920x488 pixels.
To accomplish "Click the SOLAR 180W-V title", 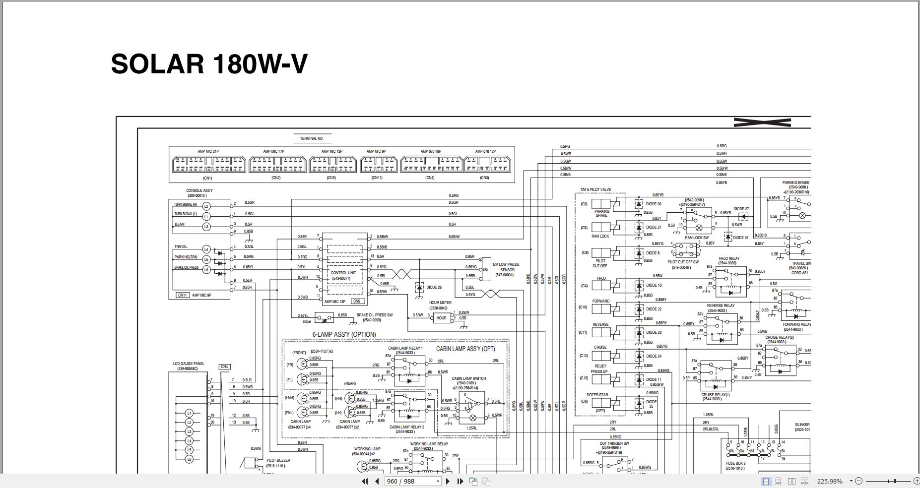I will (x=209, y=64).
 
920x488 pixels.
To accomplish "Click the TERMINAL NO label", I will (x=311, y=138).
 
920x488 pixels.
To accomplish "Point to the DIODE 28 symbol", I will (x=419, y=287).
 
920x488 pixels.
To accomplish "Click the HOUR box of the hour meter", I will (x=441, y=318).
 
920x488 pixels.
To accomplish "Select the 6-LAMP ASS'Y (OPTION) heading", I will (x=344, y=335).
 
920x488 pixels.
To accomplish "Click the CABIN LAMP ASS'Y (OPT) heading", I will (x=465, y=349).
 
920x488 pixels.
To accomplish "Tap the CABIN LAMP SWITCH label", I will (x=468, y=378).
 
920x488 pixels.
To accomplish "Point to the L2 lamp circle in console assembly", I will (x=206, y=205).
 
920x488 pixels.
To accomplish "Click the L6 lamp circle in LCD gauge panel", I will (x=189, y=459).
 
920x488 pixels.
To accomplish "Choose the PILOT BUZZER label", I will (x=278, y=460).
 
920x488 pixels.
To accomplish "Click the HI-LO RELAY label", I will (x=728, y=258).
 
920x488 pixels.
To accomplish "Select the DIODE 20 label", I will (x=653, y=204).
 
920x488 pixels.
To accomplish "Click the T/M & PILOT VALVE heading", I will (x=595, y=189).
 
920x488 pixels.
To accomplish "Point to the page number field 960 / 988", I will (x=412, y=481).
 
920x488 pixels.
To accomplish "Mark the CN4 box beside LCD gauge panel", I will (x=224, y=367).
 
